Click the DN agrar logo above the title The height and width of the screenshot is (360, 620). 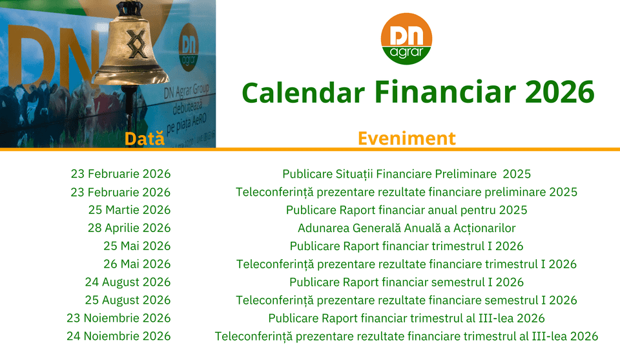[406, 39]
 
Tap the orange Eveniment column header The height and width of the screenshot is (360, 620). [406, 138]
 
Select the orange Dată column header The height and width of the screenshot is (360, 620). [144, 138]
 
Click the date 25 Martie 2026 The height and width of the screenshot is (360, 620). [129, 209]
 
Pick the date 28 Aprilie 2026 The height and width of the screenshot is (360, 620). [129, 228]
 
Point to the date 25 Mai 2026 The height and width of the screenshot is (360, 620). [137, 246]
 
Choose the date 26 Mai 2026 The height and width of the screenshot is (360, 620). [137, 264]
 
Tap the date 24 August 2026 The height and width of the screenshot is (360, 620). [128, 282]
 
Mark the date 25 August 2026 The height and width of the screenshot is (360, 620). [128, 301]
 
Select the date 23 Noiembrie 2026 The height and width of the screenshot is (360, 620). [119, 318]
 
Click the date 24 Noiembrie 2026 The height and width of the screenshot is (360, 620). [119, 336]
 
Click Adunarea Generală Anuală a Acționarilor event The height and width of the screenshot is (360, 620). [406, 228]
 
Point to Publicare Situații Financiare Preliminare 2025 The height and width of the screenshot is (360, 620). [406, 174]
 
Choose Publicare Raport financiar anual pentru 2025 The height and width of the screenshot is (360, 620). [406, 210]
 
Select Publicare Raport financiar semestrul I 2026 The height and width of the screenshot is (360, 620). [406, 282]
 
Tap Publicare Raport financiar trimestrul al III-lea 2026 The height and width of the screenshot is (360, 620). [406, 318]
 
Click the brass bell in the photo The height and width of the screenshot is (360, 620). [131, 47]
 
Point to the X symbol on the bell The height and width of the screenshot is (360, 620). [136, 43]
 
